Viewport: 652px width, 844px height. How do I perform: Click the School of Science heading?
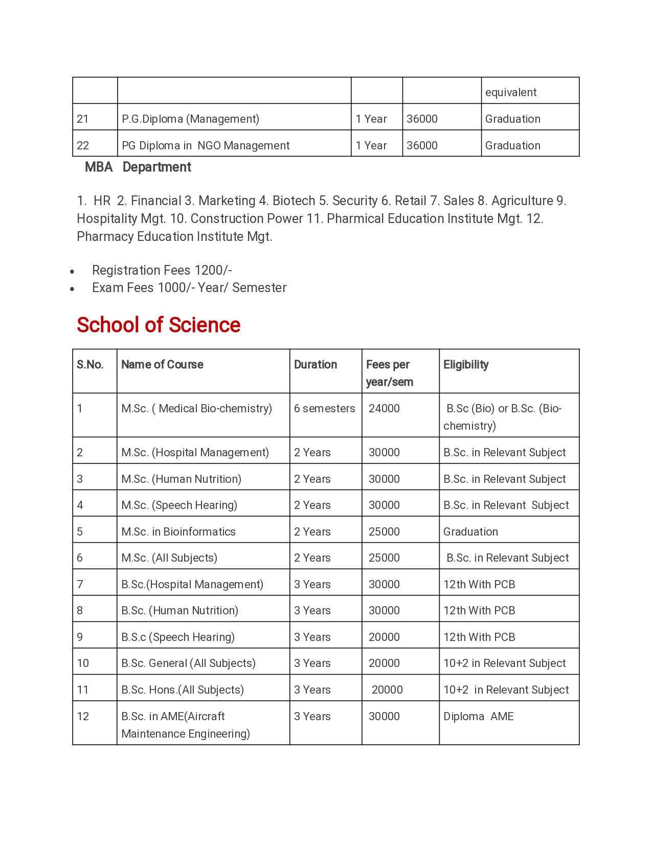pos(159,325)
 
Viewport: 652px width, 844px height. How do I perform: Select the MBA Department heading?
pos(138,167)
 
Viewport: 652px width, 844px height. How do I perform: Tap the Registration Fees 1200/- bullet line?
pos(162,270)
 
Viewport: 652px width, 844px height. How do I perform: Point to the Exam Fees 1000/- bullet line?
pos(189,287)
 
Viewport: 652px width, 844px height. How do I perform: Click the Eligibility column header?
pos(466,365)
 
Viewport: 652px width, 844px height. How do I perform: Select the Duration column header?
pos(316,365)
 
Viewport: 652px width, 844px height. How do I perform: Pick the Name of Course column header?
pos(162,365)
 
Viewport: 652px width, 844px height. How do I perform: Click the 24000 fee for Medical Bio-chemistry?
pos(384,409)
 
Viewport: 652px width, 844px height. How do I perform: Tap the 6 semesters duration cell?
pos(324,409)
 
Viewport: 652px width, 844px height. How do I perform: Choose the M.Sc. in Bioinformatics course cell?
pos(178,532)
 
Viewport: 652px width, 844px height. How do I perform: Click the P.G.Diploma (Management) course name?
pos(190,119)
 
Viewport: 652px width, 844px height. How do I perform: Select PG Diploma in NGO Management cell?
pos(206,146)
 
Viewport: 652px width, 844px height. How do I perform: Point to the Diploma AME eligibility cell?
pos(478,717)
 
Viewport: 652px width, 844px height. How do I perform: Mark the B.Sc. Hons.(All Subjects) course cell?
pos(183,690)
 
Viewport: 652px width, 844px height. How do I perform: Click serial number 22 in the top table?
pos(83,146)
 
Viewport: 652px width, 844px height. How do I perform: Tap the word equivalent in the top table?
pos(511,93)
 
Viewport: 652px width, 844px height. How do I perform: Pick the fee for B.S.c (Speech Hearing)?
pos(384,637)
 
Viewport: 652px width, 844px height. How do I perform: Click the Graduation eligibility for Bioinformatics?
pos(470,532)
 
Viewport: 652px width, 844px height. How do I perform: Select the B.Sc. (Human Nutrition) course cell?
pos(180,611)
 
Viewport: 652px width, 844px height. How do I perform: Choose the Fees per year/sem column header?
pos(389,373)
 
